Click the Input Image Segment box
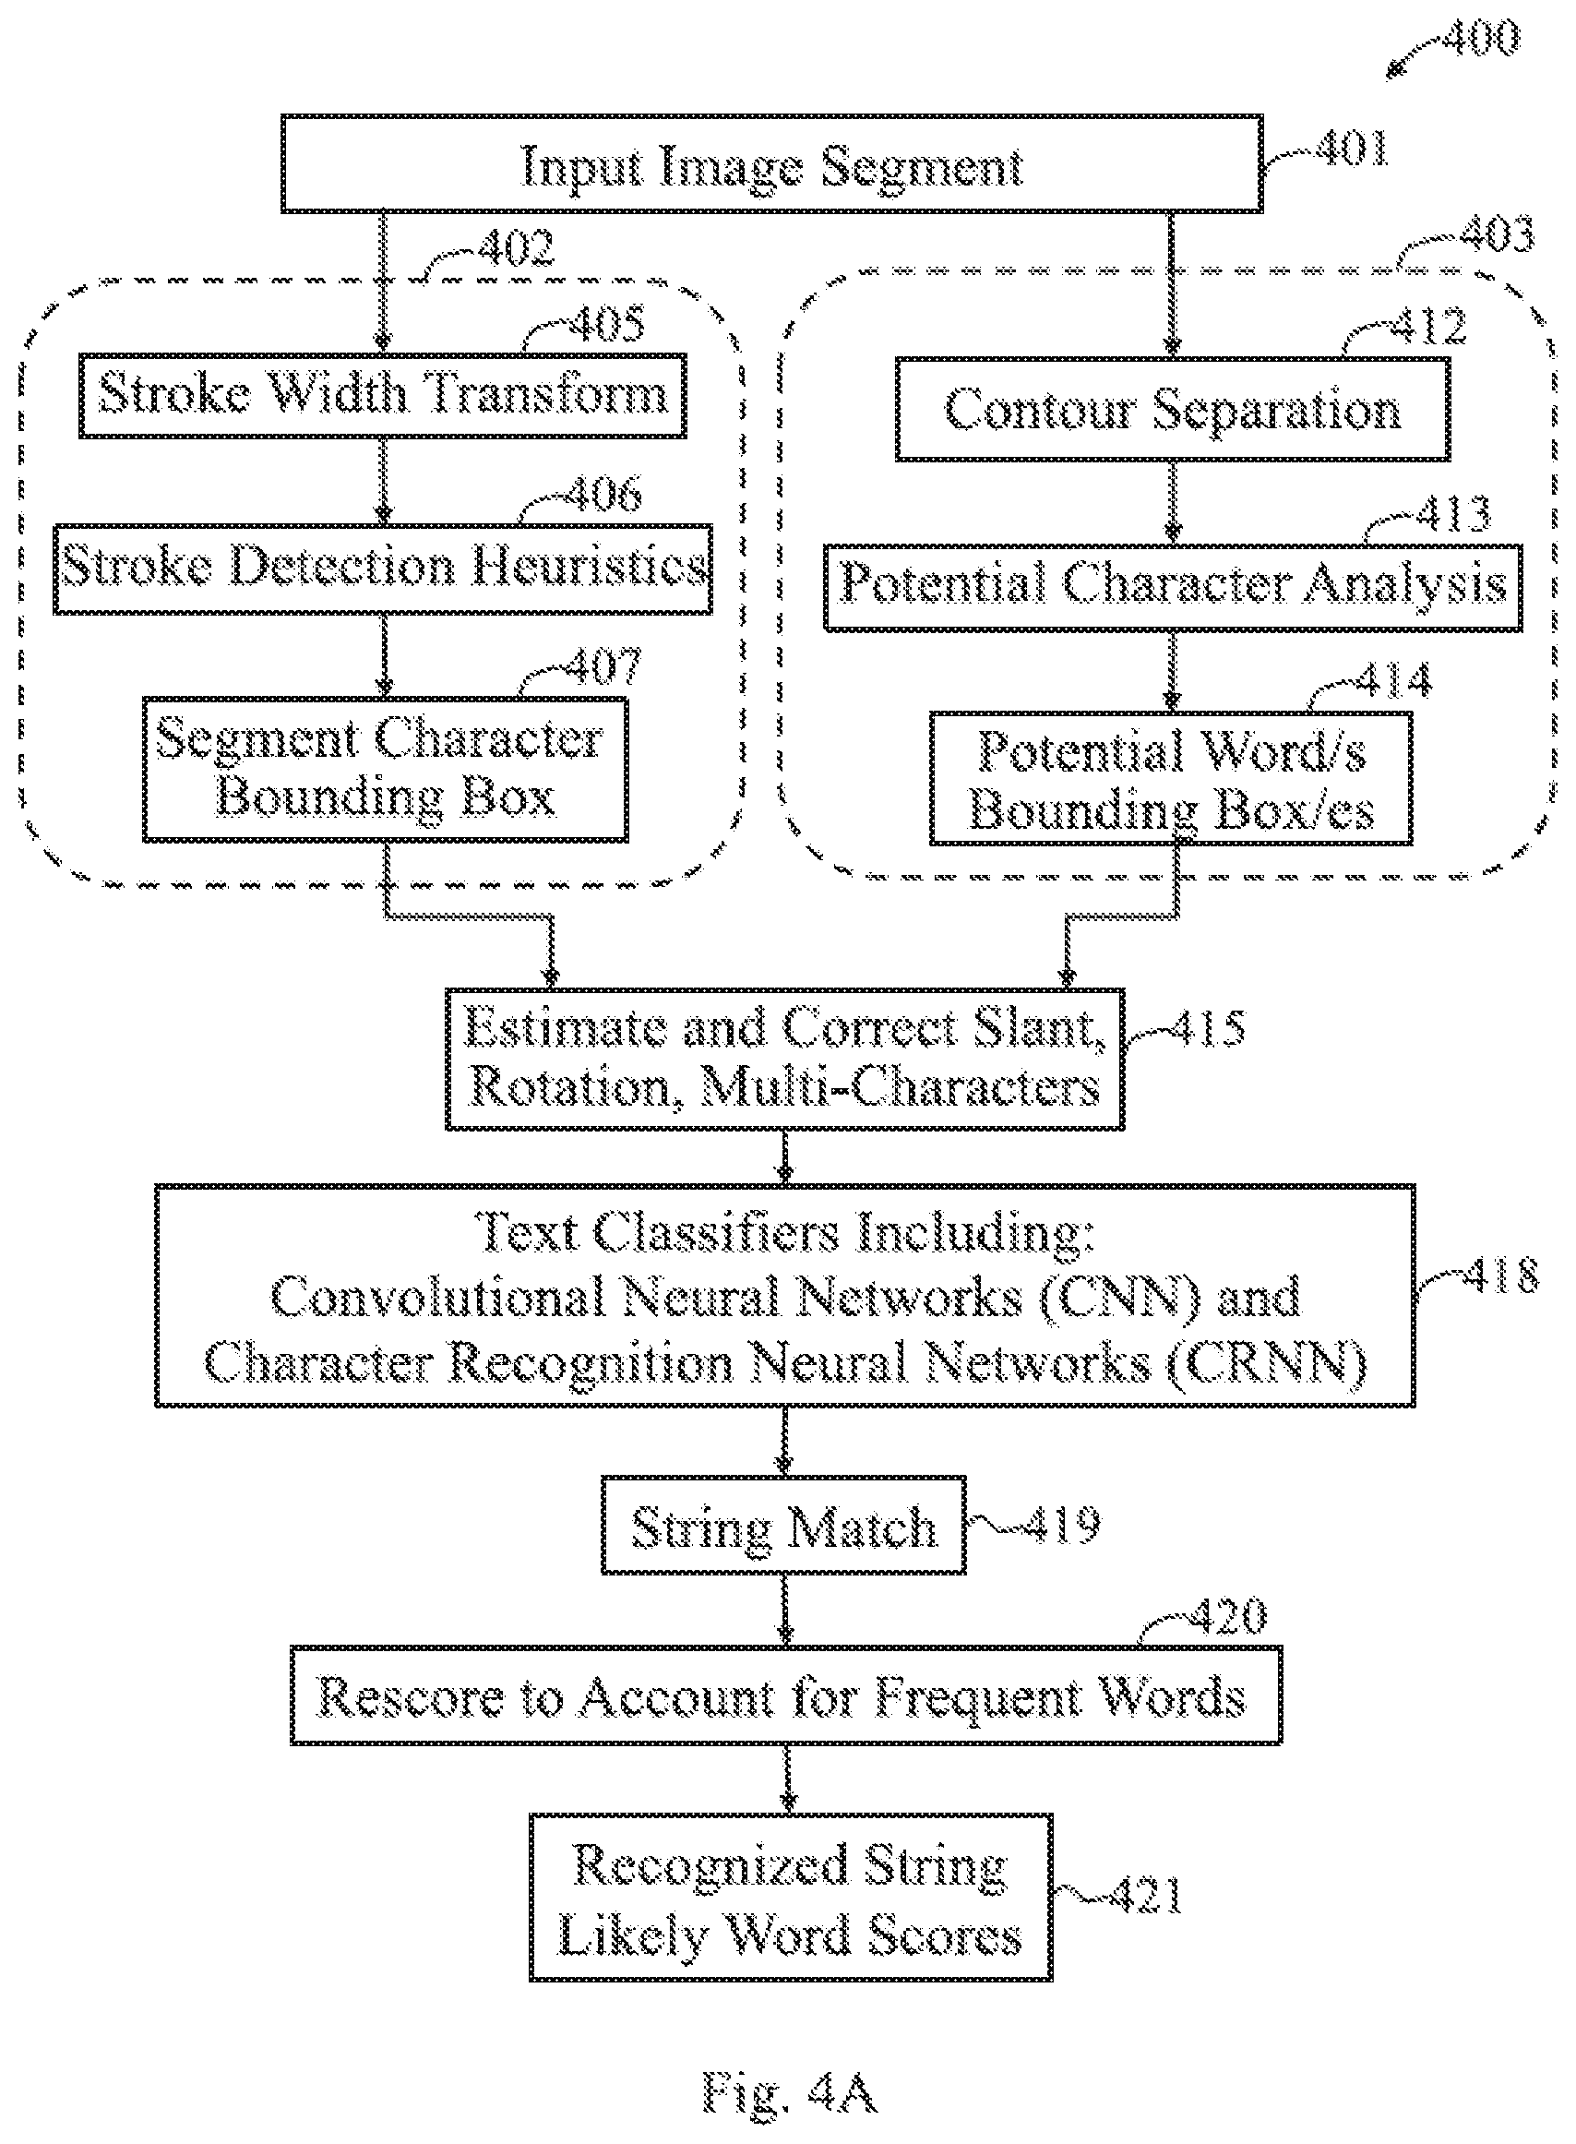771,163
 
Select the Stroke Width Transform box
383,396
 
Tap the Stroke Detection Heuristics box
383,569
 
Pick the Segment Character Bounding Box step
386,769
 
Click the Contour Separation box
1173,410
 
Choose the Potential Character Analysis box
1173,587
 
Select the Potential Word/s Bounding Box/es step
1172,779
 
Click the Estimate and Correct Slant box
784,1060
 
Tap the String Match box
783,1526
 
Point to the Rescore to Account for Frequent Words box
786,1695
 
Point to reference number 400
1481,38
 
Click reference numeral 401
1351,148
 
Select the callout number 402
516,248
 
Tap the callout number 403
1497,234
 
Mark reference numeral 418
1501,1275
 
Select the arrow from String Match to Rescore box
784,1610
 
